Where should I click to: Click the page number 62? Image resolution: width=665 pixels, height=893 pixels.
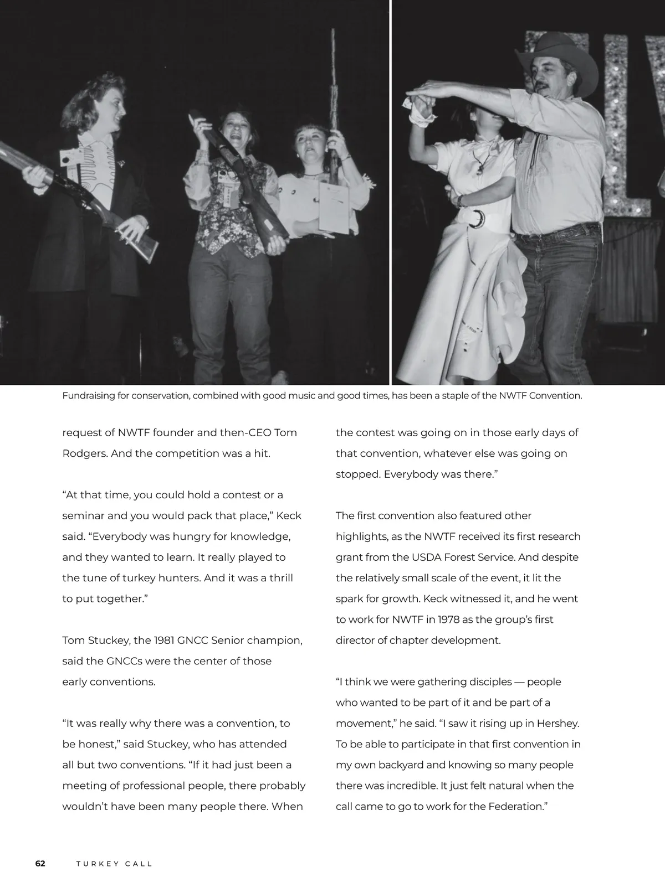pos(40,864)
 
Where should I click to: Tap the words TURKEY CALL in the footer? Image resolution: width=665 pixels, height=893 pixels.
pos(114,864)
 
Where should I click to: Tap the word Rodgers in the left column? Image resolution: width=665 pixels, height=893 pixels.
pos(84,453)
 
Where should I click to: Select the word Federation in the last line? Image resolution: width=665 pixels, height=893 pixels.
pos(515,807)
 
